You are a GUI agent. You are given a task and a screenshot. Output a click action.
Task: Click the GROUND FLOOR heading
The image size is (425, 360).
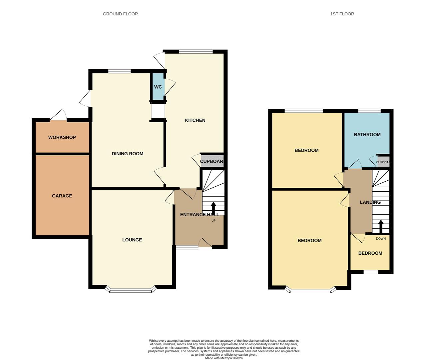pyautogui.click(x=120, y=14)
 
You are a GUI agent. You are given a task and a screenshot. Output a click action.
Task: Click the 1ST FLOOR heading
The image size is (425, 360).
pyautogui.click(x=342, y=14)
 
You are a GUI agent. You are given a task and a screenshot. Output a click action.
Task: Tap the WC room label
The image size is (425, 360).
pyautogui.click(x=158, y=87)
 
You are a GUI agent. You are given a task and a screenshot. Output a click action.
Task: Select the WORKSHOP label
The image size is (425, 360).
pyautogui.click(x=62, y=137)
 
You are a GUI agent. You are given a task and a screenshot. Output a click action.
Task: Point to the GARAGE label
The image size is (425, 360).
pyautogui.click(x=62, y=196)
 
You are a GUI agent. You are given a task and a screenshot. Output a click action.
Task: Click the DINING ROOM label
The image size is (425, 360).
pyautogui.click(x=128, y=154)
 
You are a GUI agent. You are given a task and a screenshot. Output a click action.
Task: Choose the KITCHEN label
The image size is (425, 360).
pyautogui.click(x=195, y=120)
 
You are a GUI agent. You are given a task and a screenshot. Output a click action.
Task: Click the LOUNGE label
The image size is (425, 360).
pyautogui.click(x=132, y=240)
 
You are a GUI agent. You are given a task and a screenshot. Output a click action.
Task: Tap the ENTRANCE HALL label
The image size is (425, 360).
pyautogui.click(x=200, y=215)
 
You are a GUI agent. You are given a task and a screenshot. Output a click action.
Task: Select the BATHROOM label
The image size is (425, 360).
pyautogui.click(x=367, y=135)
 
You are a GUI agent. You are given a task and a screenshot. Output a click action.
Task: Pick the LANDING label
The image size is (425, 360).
pyautogui.click(x=370, y=202)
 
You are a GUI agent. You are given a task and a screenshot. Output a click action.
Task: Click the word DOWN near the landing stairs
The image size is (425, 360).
pyautogui.click(x=381, y=239)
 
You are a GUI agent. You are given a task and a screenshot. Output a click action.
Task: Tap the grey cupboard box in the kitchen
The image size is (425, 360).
pyautogui.click(x=212, y=161)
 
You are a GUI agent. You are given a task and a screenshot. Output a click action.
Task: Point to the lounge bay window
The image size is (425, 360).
pyautogui.click(x=131, y=291)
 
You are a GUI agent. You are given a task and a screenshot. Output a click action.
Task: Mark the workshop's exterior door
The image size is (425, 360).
pyautogui.click(x=58, y=115)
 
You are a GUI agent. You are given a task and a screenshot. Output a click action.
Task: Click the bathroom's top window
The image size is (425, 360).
pyautogui.click(x=369, y=111)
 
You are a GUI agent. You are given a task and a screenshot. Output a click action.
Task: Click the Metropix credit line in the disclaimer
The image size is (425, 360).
pyautogui.click(x=224, y=358)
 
